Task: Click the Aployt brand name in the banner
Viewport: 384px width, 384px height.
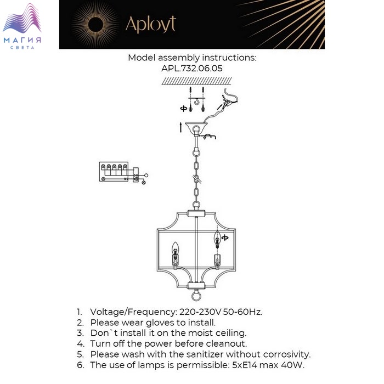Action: tap(151, 24)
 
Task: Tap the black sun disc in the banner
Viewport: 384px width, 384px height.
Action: tap(95, 25)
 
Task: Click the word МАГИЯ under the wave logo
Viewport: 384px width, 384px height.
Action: tap(22, 40)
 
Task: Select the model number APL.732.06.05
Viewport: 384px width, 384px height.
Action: tap(192, 68)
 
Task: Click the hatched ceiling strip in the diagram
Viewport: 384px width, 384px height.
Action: tap(196, 81)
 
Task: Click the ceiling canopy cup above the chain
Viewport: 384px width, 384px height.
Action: tap(196, 127)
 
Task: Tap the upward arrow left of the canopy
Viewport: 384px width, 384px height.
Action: tap(180, 127)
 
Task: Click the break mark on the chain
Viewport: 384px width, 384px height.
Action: tap(196, 178)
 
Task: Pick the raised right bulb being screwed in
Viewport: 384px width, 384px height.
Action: tap(217, 238)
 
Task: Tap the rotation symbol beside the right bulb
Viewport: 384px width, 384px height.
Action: tap(225, 238)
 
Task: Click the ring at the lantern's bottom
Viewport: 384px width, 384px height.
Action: tap(196, 296)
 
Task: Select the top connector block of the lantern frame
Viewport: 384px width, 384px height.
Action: tap(196, 214)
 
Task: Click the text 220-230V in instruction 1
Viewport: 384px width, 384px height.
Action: tap(200, 312)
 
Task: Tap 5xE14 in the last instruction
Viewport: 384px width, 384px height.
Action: tap(245, 365)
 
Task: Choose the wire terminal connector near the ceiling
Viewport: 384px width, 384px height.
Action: tap(227, 102)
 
